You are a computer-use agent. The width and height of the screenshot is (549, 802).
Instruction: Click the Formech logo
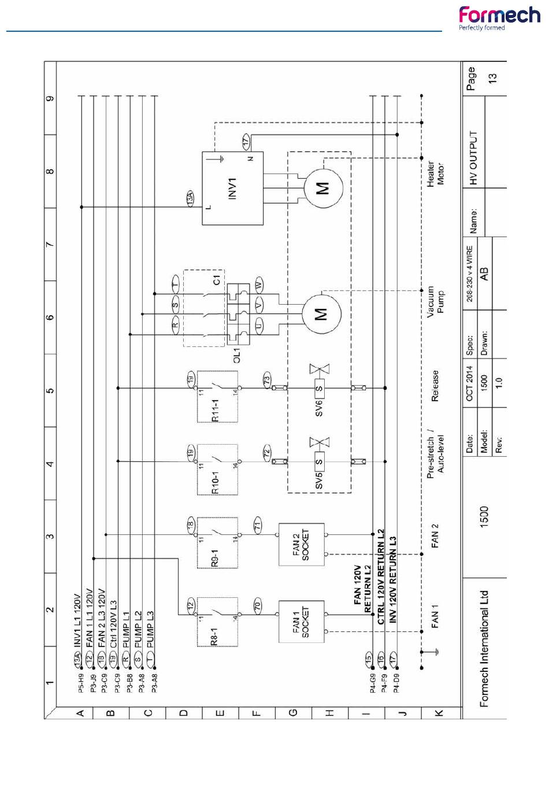coord(499,18)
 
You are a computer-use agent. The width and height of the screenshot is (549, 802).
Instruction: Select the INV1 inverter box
coord(232,188)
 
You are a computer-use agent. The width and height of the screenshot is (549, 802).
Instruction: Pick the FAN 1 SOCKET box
coord(301,622)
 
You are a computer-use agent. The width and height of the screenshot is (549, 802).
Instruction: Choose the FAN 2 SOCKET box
coord(301,545)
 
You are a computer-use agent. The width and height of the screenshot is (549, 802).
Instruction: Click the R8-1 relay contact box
coord(217,622)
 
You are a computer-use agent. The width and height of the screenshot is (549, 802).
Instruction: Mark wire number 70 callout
coord(258,606)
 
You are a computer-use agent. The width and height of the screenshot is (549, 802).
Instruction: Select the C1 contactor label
coord(216,280)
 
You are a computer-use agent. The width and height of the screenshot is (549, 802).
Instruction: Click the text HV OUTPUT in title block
coord(474,158)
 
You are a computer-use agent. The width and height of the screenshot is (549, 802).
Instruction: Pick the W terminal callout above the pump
coord(259,284)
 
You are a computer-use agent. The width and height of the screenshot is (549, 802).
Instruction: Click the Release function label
coord(435,386)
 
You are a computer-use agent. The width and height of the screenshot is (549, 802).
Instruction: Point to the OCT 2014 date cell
coord(469,383)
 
